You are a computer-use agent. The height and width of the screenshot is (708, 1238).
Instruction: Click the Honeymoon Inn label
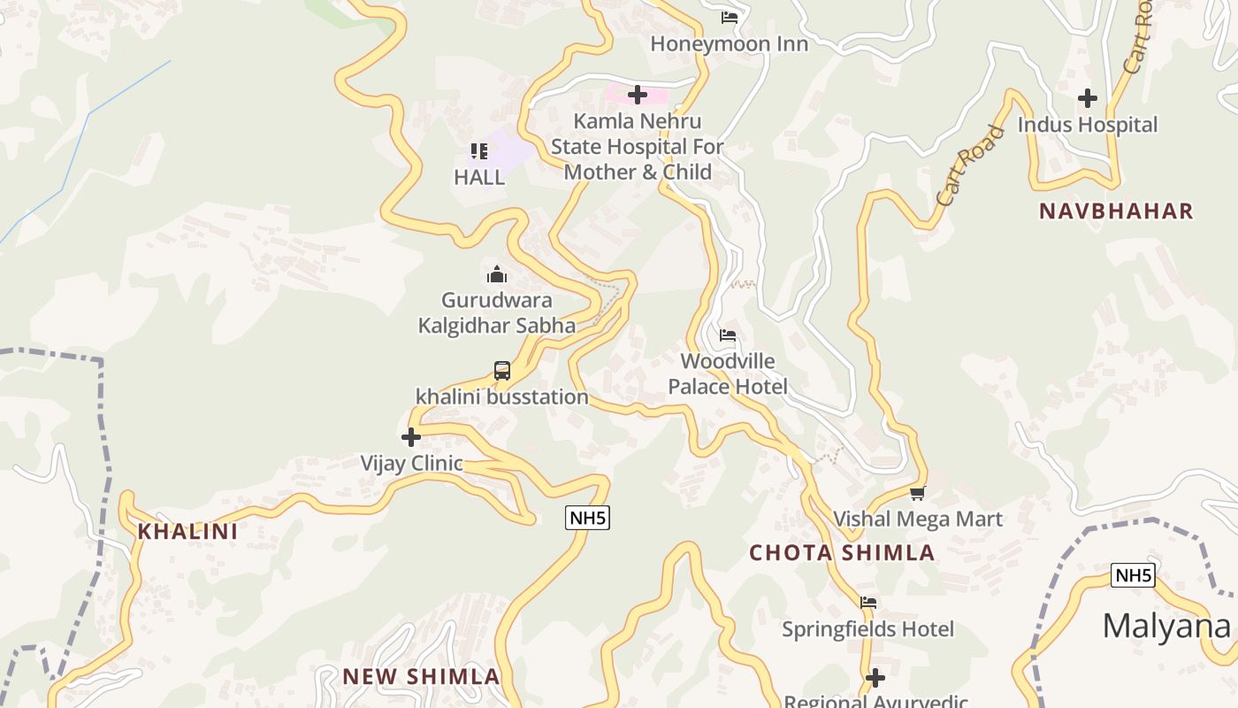pyautogui.click(x=729, y=43)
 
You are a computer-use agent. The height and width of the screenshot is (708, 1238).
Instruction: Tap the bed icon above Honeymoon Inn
pyautogui.click(x=730, y=17)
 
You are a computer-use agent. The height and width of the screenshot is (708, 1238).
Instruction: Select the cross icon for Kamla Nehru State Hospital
pyautogui.click(x=637, y=94)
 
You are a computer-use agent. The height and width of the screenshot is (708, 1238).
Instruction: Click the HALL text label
pyautogui.click(x=479, y=177)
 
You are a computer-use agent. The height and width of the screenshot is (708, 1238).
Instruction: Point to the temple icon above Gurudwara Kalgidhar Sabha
pyautogui.click(x=497, y=274)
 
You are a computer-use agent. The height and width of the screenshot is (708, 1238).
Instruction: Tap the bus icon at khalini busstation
pyautogui.click(x=502, y=371)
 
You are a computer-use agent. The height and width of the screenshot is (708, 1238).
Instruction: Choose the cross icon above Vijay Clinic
pyautogui.click(x=411, y=437)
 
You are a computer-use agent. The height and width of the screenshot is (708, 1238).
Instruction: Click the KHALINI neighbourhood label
pyautogui.click(x=187, y=531)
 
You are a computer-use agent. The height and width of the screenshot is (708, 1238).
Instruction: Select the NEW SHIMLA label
pyautogui.click(x=421, y=677)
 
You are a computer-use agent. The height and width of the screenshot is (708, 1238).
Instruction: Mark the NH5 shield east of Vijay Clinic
pyautogui.click(x=588, y=518)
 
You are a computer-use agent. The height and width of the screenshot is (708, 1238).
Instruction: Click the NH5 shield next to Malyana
pyautogui.click(x=1133, y=576)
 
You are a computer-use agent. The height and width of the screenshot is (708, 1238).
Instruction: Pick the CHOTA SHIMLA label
pyautogui.click(x=842, y=553)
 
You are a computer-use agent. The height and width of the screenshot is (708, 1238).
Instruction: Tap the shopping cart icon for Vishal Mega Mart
pyautogui.click(x=918, y=494)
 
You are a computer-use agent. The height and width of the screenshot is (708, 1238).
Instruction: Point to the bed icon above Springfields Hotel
pyautogui.click(x=868, y=603)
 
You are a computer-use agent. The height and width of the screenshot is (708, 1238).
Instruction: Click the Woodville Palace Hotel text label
pyautogui.click(x=727, y=373)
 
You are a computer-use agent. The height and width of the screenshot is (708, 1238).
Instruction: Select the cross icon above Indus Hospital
pyautogui.click(x=1088, y=98)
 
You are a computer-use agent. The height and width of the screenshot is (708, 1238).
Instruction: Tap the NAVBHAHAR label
pyautogui.click(x=1116, y=212)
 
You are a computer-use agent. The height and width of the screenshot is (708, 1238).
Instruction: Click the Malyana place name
pyautogui.click(x=1165, y=627)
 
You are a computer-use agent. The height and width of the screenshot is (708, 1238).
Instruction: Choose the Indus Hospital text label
pyautogui.click(x=1087, y=125)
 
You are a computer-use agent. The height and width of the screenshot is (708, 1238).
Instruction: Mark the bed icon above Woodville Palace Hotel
pyautogui.click(x=728, y=335)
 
